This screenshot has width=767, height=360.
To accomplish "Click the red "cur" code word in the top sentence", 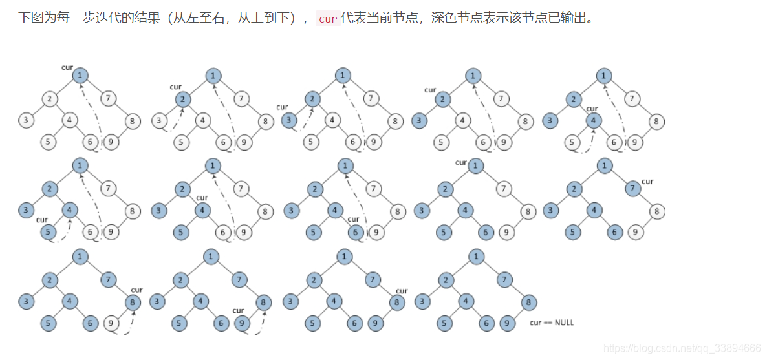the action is [328, 19].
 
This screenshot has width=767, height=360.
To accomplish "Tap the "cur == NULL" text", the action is [551, 323].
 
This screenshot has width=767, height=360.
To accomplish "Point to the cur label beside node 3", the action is [281, 107].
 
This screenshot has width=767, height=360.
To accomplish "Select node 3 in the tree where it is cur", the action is [290, 120].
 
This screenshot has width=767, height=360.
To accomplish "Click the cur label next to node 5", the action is [42, 220].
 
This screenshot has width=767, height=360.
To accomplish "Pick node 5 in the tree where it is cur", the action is [46, 232].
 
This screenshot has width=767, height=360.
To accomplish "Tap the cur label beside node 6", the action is [353, 220].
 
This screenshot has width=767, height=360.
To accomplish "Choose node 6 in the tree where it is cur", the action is [354, 232].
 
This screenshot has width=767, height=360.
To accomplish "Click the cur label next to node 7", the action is [647, 182].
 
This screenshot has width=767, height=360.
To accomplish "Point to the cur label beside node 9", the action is [238, 311].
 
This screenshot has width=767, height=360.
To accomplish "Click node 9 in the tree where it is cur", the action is [243, 322].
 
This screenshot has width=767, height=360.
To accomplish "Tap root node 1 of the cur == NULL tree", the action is [476, 257].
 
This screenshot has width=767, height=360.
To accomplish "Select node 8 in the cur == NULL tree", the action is [528, 302].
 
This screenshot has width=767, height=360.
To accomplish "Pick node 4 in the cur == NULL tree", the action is [466, 301].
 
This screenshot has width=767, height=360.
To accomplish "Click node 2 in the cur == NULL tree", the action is [445, 281].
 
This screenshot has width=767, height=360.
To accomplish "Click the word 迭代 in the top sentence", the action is [106, 18].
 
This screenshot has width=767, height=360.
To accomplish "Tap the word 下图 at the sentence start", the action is [29, 18].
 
